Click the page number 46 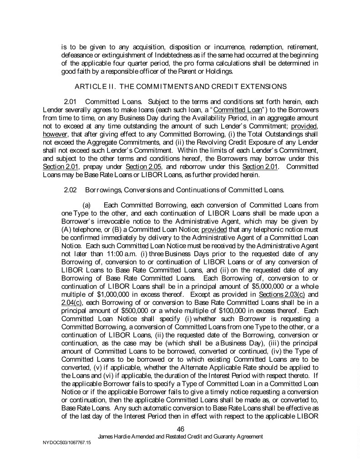(x=180, y=429)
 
